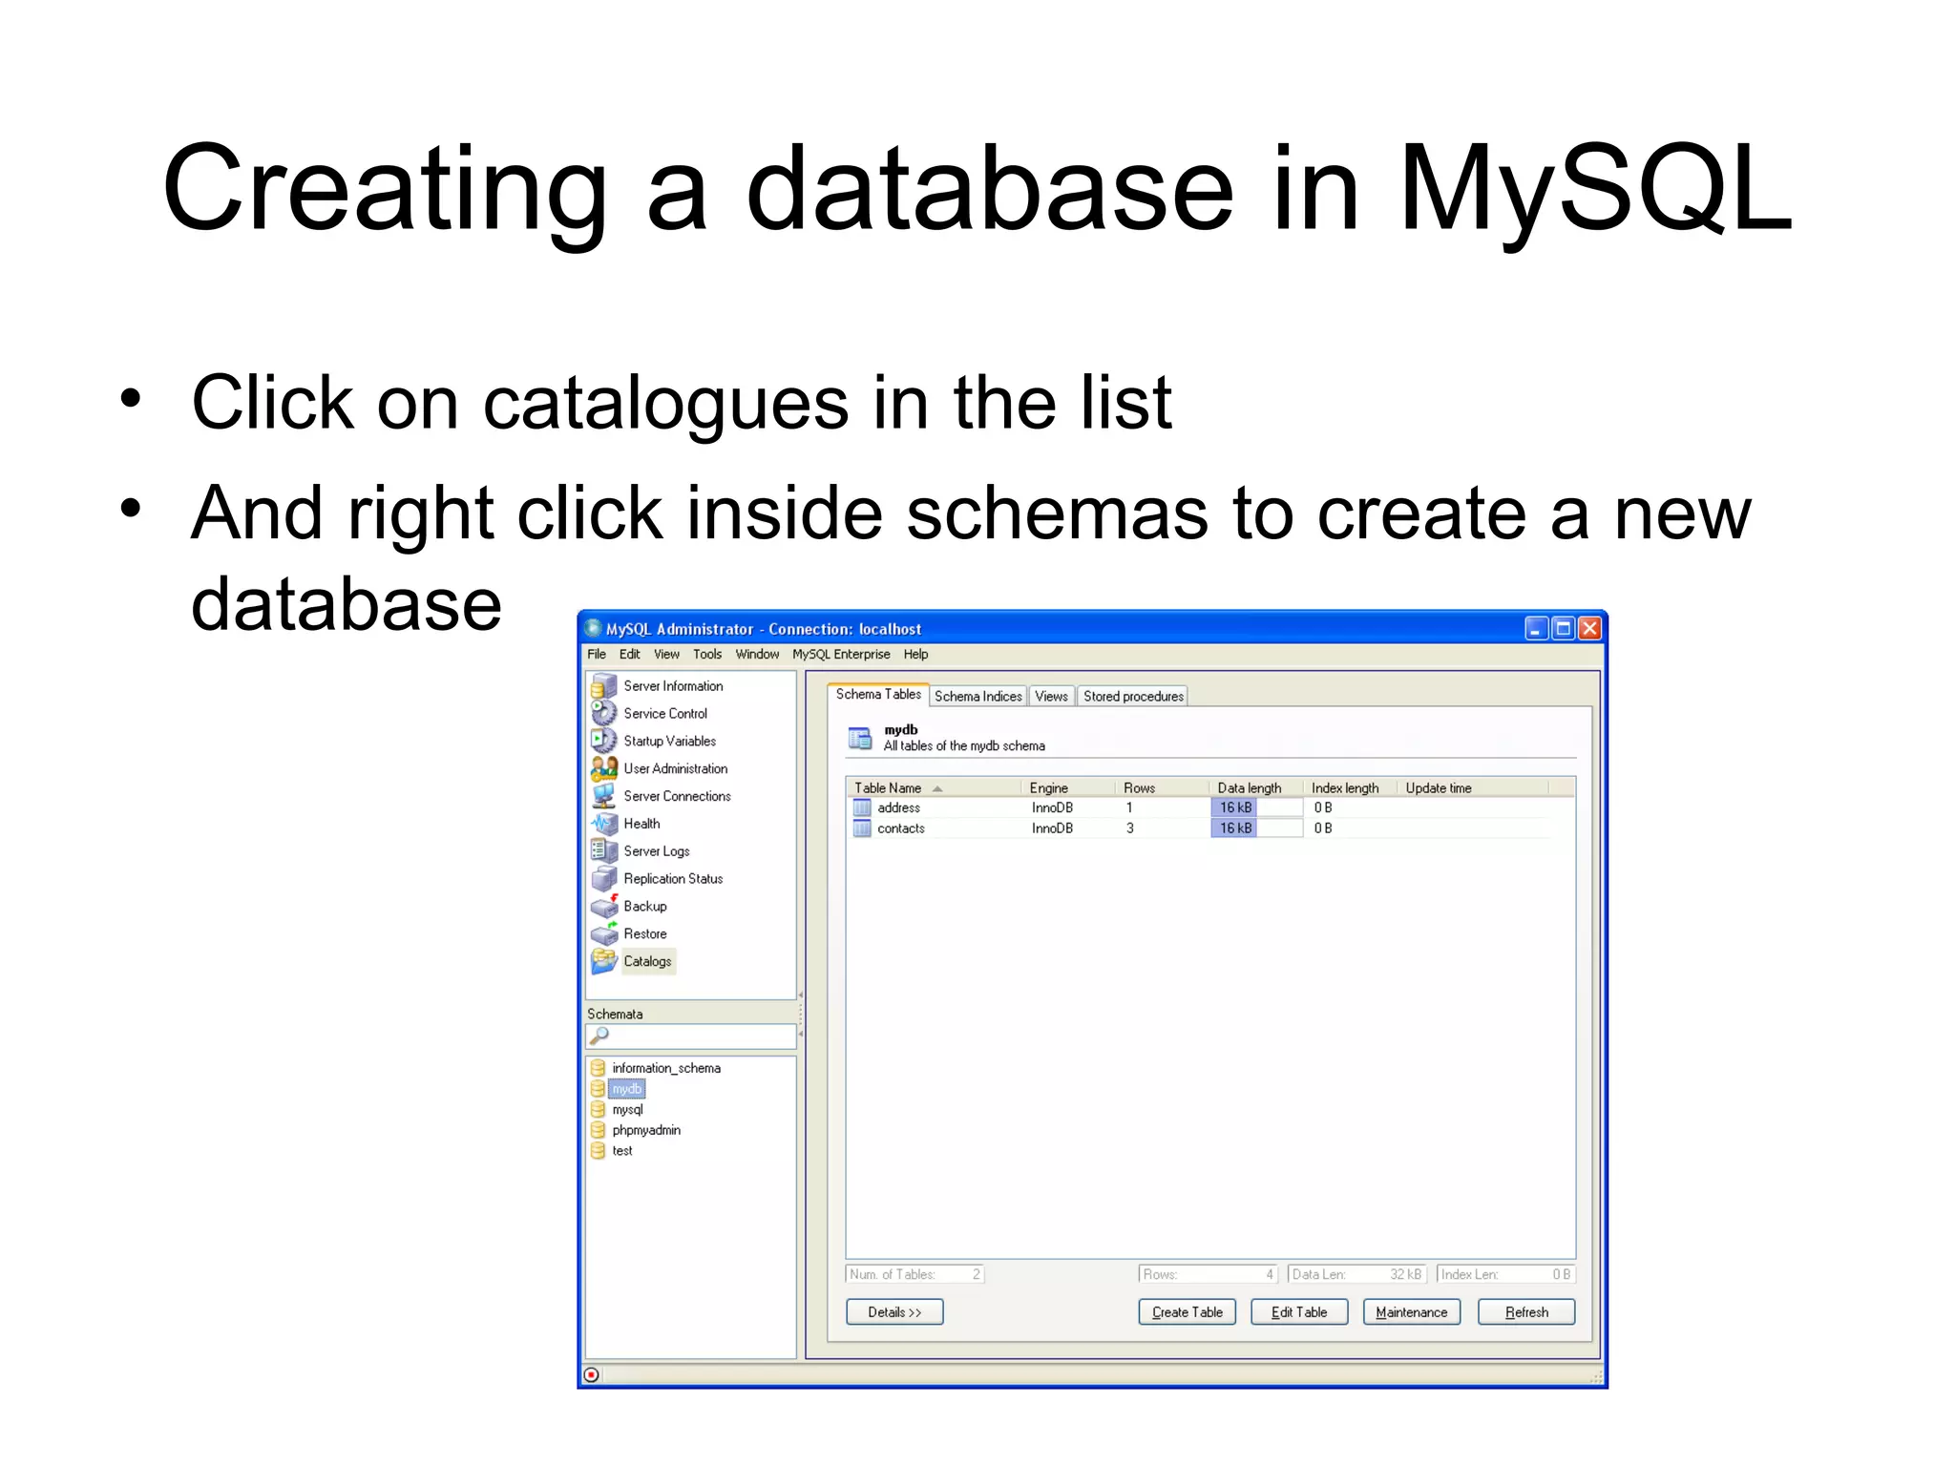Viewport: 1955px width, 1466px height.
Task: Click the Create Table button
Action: pyautogui.click(x=1187, y=1312)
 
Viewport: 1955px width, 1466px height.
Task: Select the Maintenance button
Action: pyautogui.click(x=1411, y=1312)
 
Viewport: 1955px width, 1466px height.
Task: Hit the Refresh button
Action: pyautogui.click(x=1525, y=1312)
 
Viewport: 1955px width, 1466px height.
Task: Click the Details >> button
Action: pyautogui.click(x=894, y=1312)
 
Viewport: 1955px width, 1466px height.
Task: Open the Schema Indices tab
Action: pyautogui.click(x=977, y=697)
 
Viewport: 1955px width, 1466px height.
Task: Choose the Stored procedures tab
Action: pyautogui.click(x=1133, y=697)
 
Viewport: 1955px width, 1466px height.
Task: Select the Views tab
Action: pyautogui.click(x=1051, y=697)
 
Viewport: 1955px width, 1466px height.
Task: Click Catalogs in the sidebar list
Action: pyautogui.click(x=647, y=961)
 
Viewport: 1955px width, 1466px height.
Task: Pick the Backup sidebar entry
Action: pyautogui.click(x=645, y=907)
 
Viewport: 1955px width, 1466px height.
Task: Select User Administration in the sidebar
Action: pyautogui.click(x=675, y=768)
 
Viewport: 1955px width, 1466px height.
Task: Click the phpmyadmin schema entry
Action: pyautogui.click(x=646, y=1130)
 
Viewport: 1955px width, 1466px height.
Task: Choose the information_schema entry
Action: pyautogui.click(x=665, y=1068)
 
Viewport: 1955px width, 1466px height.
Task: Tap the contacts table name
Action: pyautogui.click(x=900, y=828)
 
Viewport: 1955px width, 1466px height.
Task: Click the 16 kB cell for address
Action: pyautogui.click(x=1235, y=807)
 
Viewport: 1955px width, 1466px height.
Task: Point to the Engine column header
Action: pyautogui.click(x=1048, y=788)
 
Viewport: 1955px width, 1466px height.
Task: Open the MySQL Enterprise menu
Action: pyautogui.click(x=840, y=655)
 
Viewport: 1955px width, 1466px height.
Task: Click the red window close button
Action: pyautogui.click(x=1589, y=628)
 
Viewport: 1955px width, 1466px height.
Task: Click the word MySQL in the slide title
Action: pyautogui.click(x=1594, y=189)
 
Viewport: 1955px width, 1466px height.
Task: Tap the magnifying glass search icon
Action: pyautogui.click(x=599, y=1036)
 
